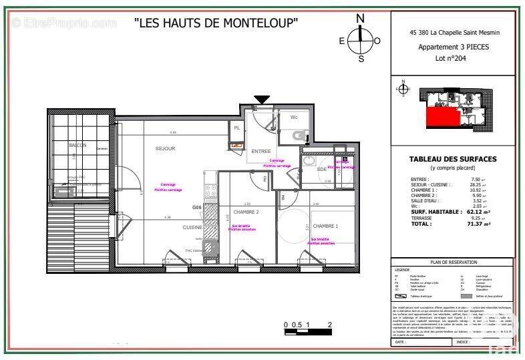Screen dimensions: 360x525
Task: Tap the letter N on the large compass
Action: [361, 18]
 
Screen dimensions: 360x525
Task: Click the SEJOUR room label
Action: [165, 148]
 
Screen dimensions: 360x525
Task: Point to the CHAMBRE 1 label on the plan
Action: [325, 226]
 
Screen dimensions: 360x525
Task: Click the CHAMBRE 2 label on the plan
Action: [246, 211]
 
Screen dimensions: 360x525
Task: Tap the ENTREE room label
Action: [260, 151]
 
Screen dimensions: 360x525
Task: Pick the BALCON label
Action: [77, 145]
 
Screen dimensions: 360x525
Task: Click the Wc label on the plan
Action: [294, 118]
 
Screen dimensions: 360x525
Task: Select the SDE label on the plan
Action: [321, 169]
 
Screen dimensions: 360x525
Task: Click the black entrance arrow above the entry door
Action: [261, 100]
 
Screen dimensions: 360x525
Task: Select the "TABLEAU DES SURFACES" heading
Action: [452, 159]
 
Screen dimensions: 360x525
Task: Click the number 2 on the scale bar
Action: [330, 325]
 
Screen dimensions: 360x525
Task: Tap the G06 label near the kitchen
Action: [196, 207]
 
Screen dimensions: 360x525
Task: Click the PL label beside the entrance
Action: [236, 127]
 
